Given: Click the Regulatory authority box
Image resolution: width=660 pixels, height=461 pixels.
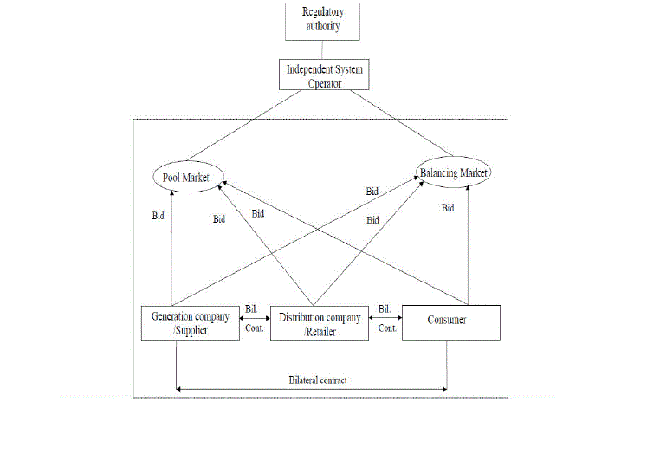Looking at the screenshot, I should click(x=322, y=20).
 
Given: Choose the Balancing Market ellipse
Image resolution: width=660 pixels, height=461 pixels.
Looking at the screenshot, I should click(x=454, y=172).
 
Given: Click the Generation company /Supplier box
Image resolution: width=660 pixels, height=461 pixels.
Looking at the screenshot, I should click(x=191, y=322).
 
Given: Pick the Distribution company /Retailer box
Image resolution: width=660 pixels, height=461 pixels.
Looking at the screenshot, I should click(x=320, y=322).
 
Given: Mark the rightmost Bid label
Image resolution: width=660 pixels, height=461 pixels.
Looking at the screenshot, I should click(x=448, y=208).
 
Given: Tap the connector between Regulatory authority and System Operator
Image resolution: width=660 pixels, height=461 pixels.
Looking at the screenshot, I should click(x=322, y=49).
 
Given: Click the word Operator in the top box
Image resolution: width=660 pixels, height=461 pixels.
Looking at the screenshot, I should click(x=326, y=83).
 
